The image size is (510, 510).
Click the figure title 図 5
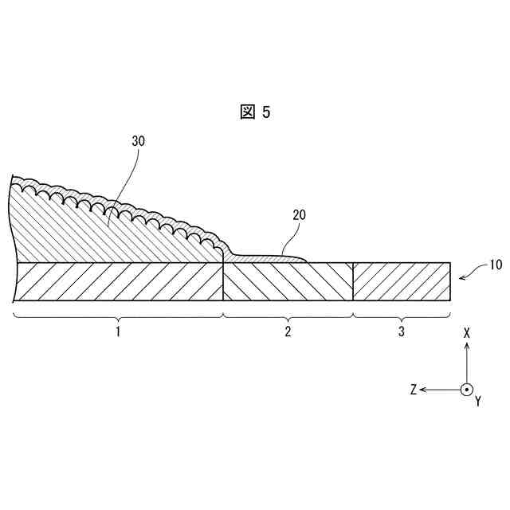point(255,112)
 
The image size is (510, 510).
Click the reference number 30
point(138,140)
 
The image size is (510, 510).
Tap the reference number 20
point(299,214)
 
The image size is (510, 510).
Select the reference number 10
point(495,266)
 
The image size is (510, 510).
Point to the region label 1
point(118,331)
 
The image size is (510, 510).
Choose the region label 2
point(288,331)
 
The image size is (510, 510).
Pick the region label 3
point(402,331)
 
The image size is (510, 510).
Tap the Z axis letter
point(414,390)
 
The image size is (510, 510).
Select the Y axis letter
point(477,402)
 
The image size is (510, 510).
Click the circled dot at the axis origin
point(466,390)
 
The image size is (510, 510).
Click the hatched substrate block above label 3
point(402,281)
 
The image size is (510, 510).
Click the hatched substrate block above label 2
point(288,281)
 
